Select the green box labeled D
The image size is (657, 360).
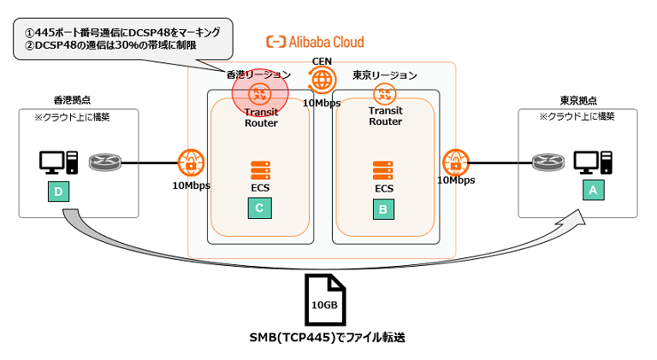tap(58, 192)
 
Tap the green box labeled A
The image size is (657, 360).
tap(591, 192)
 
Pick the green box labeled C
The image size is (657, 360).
tap(260, 206)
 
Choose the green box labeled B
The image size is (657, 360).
tap(384, 206)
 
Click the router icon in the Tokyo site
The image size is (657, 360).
tap(547, 161)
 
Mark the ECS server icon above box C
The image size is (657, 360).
tap(260, 169)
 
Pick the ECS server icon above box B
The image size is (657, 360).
tap(384, 169)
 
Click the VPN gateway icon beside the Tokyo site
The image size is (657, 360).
tap(453, 161)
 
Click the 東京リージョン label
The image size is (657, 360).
tap(385, 74)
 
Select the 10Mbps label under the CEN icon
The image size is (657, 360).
tap(322, 103)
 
